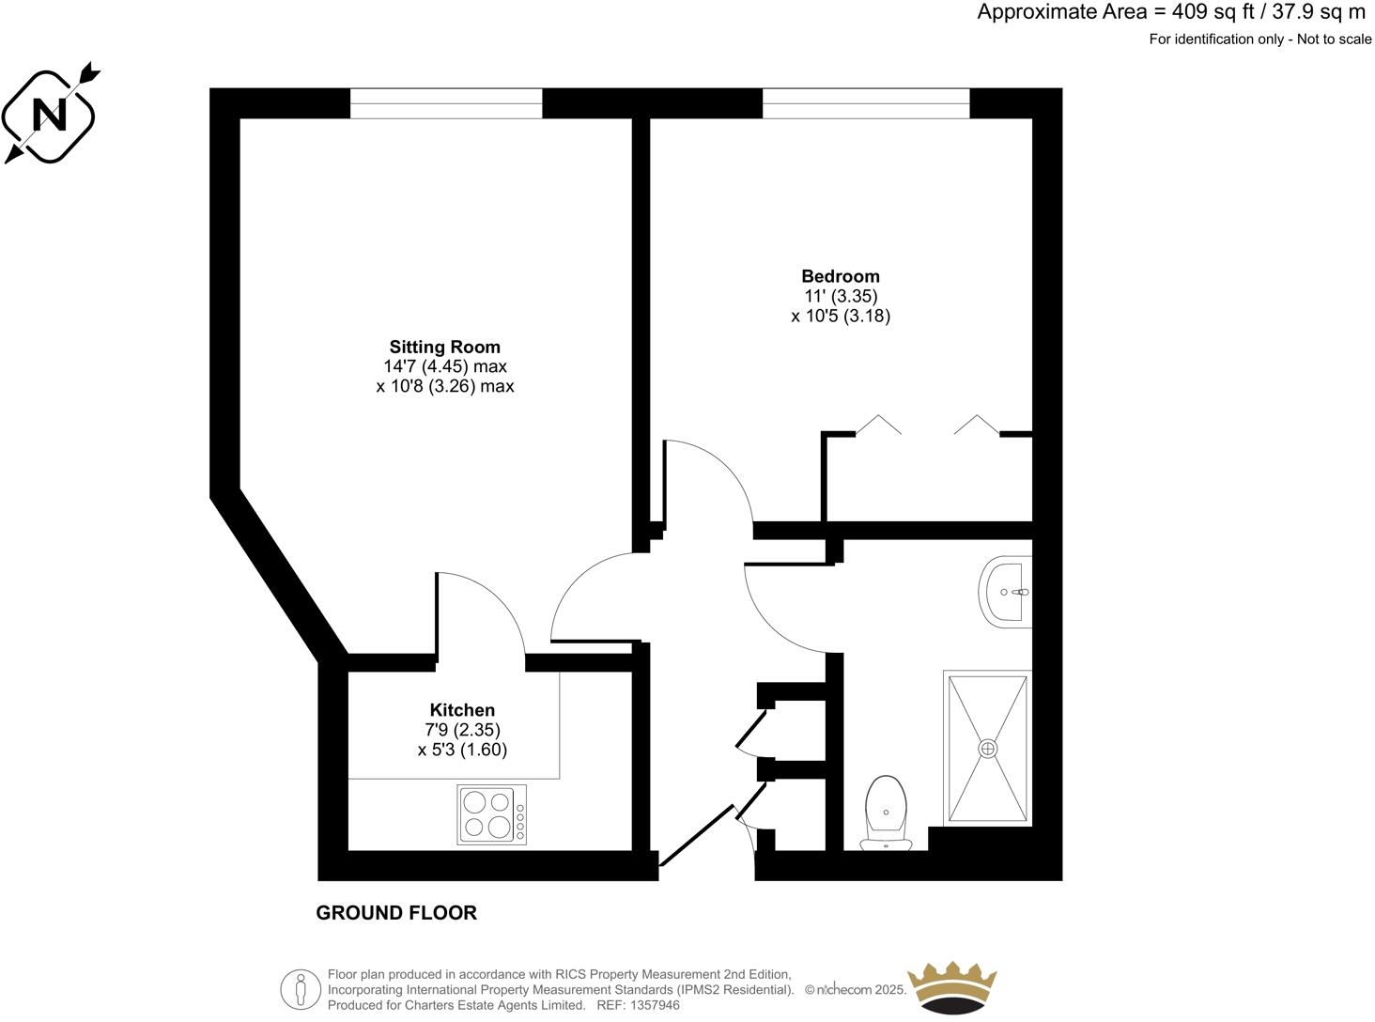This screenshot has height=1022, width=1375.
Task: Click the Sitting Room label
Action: tap(444, 347)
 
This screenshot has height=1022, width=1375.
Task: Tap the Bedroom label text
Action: tap(840, 276)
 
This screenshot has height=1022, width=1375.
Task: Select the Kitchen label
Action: tap(462, 710)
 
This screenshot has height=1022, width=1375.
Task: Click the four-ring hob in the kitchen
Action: tap(491, 813)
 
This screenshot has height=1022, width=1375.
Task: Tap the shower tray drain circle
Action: tap(987, 748)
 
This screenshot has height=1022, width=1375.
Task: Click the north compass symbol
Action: tap(50, 116)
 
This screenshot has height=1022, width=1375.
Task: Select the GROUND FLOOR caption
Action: tap(396, 913)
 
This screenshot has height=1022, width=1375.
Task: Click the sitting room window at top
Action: tap(446, 103)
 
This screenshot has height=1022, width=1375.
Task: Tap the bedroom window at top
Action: tap(865, 103)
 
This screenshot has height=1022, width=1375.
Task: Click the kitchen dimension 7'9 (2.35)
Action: tap(462, 730)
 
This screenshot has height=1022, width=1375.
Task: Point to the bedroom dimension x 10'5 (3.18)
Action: tap(840, 317)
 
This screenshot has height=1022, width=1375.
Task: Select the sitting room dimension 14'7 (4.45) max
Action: tap(444, 366)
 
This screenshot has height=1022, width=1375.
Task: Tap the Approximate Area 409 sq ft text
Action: tap(1170, 12)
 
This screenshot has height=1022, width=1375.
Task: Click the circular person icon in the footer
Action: tap(301, 989)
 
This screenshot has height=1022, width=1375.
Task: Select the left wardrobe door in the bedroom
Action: tap(878, 425)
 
